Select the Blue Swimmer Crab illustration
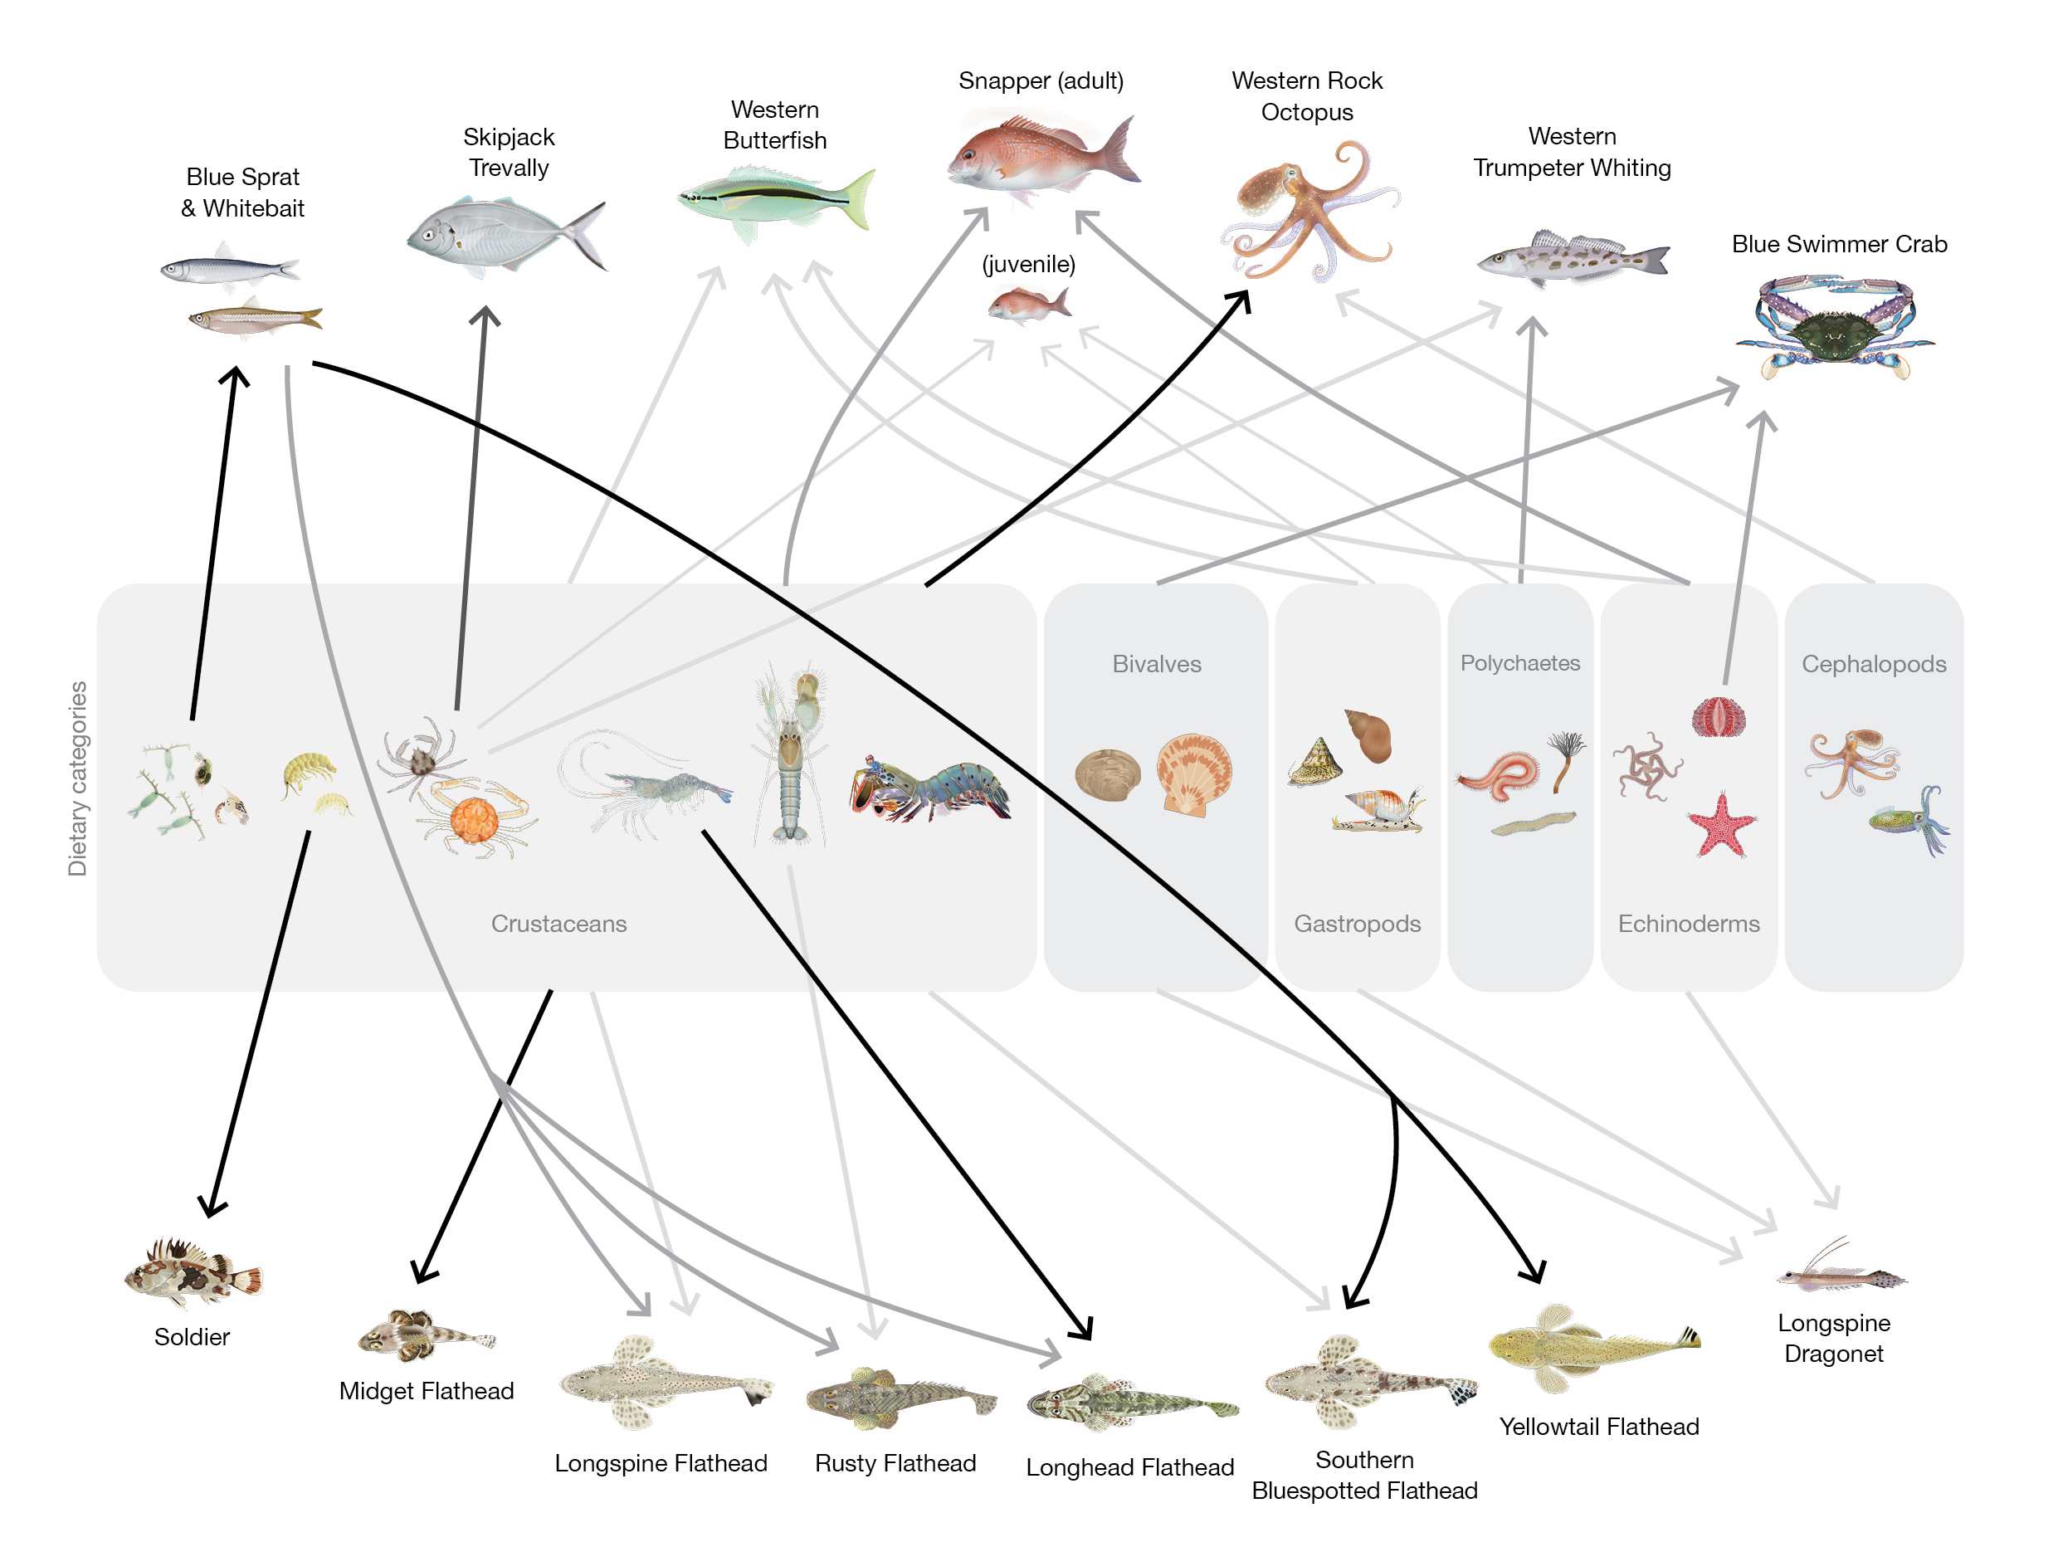click(1834, 325)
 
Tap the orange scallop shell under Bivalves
click(1192, 773)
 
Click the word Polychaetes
click(1519, 662)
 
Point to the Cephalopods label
click(1873, 663)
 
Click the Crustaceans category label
click(558, 923)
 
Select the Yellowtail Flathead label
click(1598, 1427)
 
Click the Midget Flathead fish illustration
click(425, 1335)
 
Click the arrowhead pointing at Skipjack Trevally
click(485, 316)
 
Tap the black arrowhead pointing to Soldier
click(212, 1207)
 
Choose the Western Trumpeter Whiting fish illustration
click(1573, 256)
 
